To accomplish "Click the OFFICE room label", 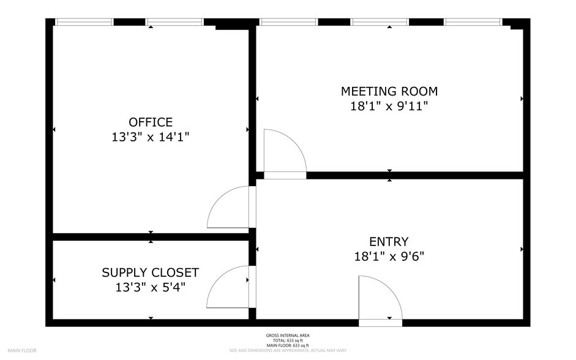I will pos(150,122).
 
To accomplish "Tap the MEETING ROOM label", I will pos(389,91).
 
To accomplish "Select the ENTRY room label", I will pos(389,241).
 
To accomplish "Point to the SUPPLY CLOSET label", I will pos(150,272).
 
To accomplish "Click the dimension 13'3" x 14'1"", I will pos(150,138).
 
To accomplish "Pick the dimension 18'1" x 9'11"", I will pos(389,107).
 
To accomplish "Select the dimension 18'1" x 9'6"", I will pos(389,257).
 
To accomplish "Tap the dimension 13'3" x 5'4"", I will pos(150,287).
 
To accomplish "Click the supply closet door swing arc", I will pos(226,286).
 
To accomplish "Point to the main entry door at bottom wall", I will pos(380,322).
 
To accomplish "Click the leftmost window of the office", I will pos(84,22).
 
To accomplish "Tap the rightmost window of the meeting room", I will pos(473,22).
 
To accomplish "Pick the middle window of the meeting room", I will pos(380,22).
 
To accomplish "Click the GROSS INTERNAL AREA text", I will pos(288,336).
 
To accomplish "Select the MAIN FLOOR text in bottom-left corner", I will pos(23,351).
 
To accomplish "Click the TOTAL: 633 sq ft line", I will pos(288,340).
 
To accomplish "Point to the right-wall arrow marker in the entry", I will pos(522,249).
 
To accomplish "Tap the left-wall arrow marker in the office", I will pos(54,130).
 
